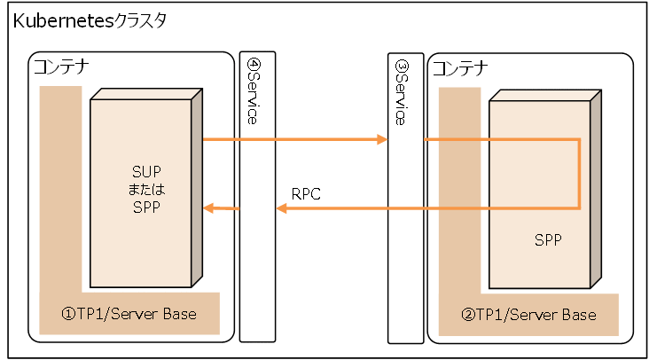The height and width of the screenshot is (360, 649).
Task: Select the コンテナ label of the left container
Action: tap(60, 67)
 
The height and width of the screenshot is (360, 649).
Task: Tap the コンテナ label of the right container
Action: tap(459, 67)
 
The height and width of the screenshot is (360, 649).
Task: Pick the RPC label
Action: tap(305, 193)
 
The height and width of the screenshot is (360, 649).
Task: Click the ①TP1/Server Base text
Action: tap(128, 315)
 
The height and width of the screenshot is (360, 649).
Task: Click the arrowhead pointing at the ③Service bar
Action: tap(382, 139)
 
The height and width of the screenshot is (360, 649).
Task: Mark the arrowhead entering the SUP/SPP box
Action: tap(209, 208)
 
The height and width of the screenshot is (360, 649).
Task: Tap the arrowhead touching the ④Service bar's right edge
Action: tap(282, 208)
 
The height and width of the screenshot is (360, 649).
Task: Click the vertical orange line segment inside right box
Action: tap(580, 174)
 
